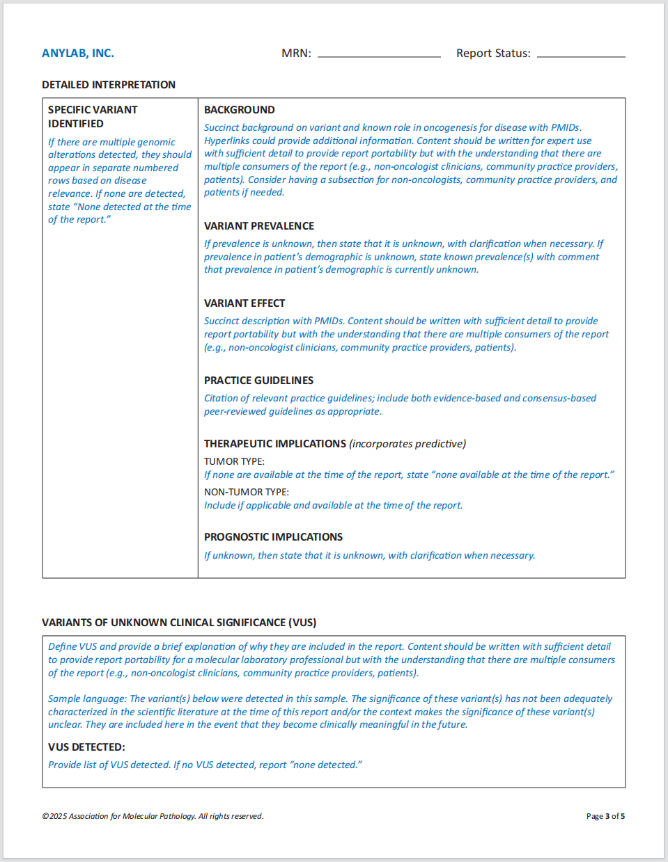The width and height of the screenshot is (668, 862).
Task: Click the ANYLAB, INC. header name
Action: click(x=78, y=54)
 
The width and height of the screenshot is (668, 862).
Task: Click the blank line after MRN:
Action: click(x=379, y=54)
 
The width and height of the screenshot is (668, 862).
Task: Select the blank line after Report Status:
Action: click(x=581, y=54)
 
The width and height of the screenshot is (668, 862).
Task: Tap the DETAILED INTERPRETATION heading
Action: click(x=109, y=85)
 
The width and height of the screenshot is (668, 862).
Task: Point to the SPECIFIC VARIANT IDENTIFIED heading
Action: click(x=93, y=117)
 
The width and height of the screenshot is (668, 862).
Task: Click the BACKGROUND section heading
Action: click(x=239, y=110)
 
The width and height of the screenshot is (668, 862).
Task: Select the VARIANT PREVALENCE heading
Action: click(x=259, y=226)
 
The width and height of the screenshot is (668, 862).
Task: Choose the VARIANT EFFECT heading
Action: click(x=244, y=303)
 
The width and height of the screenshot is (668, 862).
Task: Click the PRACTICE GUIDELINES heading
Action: click(x=258, y=381)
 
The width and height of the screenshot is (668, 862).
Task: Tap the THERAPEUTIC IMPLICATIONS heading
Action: click(x=275, y=444)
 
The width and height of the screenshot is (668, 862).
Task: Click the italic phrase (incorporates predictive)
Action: click(x=407, y=444)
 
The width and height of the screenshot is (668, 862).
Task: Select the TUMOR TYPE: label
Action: click(x=234, y=461)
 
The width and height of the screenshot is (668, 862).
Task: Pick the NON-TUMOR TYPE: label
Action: click(x=247, y=492)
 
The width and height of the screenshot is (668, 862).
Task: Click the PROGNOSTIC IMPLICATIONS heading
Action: click(x=273, y=537)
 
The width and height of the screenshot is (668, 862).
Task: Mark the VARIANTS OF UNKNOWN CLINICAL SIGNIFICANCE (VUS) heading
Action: click(x=179, y=623)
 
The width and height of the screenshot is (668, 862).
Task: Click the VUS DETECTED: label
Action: click(x=86, y=747)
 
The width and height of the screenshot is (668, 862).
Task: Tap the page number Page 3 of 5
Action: click(x=605, y=816)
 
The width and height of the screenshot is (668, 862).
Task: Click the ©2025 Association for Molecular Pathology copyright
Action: click(x=153, y=816)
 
